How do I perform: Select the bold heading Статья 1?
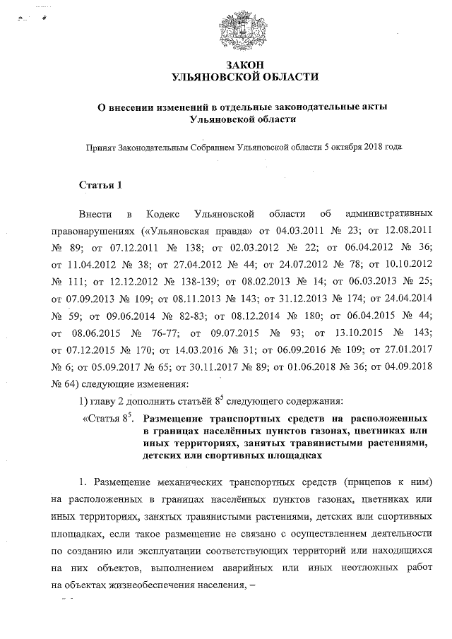[101, 186]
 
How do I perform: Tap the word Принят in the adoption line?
[100, 148]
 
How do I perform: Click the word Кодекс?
[165, 214]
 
